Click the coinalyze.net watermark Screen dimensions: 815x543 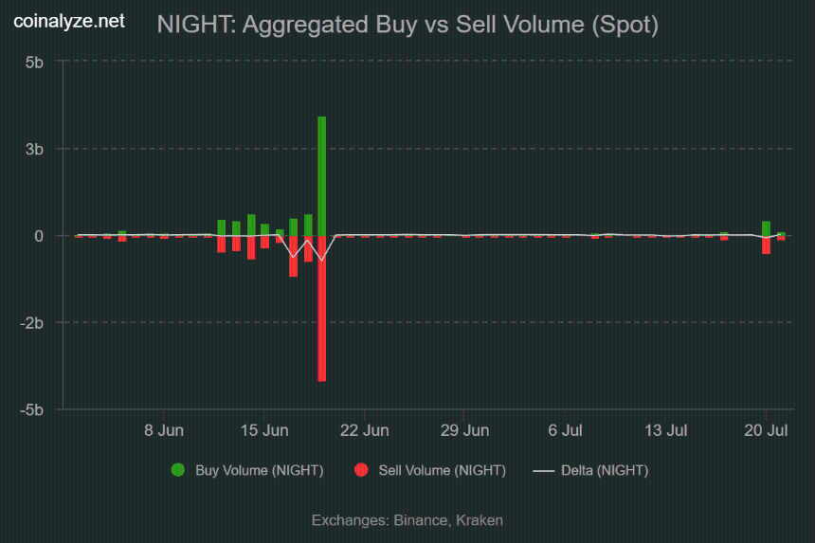coord(69,21)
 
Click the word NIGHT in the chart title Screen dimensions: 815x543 coord(196,25)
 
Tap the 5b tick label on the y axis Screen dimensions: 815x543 coord(34,63)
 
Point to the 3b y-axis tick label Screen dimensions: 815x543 coord(34,149)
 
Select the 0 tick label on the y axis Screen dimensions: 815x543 coord(39,236)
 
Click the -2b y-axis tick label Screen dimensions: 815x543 coord(31,323)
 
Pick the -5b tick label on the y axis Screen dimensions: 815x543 coord(31,409)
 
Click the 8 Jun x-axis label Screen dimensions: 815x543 coord(164,430)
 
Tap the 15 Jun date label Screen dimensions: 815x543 coord(264,430)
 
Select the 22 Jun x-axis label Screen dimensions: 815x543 coord(364,430)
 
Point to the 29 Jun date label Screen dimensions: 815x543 coord(464,430)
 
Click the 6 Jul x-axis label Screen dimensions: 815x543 coord(565,430)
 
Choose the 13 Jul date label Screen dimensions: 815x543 coord(666,430)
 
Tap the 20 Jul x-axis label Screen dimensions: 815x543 coord(766,430)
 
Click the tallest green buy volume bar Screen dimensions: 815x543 coord(322,176)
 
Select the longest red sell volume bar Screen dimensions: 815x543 coord(322,309)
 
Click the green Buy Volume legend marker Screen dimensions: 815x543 coord(178,470)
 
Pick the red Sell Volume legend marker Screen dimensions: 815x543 coord(361,470)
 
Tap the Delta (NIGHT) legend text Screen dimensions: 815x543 coord(605,470)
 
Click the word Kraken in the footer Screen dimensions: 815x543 coord(480,520)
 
